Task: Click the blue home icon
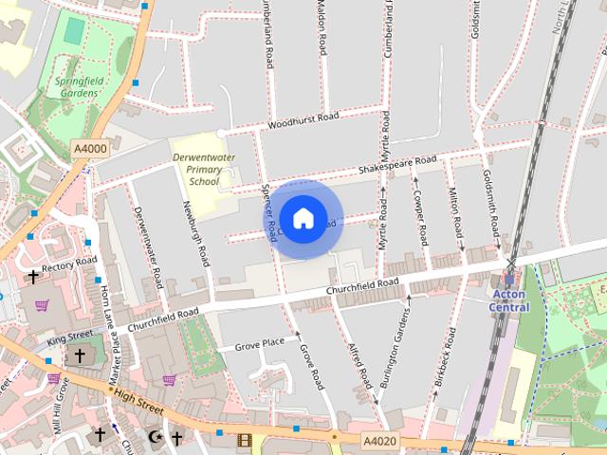tap(303, 219)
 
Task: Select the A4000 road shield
tap(91, 149)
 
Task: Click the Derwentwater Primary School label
tap(198, 169)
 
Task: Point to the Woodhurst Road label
tap(303, 120)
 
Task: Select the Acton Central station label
tap(509, 300)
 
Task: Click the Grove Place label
tap(260, 343)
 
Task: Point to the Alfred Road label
tap(359, 365)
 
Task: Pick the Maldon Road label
tap(322, 28)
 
